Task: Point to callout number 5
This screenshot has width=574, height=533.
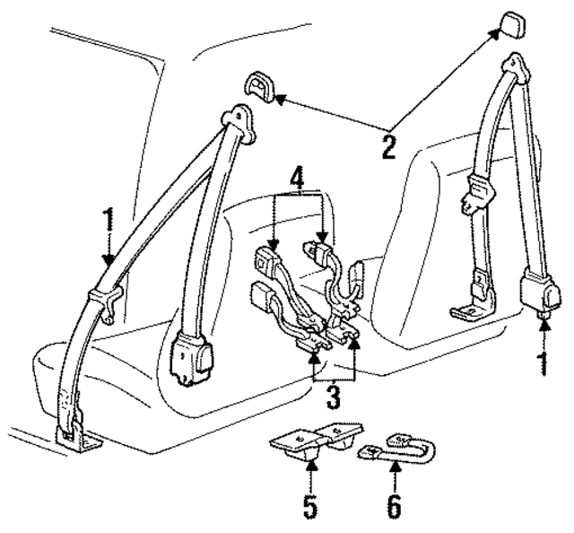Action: click(x=309, y=507)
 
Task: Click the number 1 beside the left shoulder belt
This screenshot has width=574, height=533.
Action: click(x=108, y=221)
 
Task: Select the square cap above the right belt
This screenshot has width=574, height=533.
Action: click(x=514, y=24)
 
